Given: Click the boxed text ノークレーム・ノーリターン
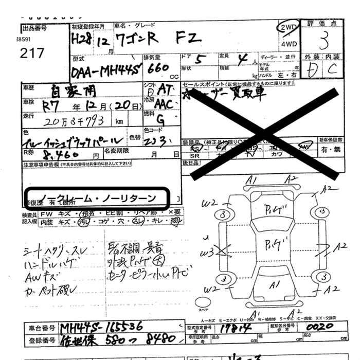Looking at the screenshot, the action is [x=98, y=197].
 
